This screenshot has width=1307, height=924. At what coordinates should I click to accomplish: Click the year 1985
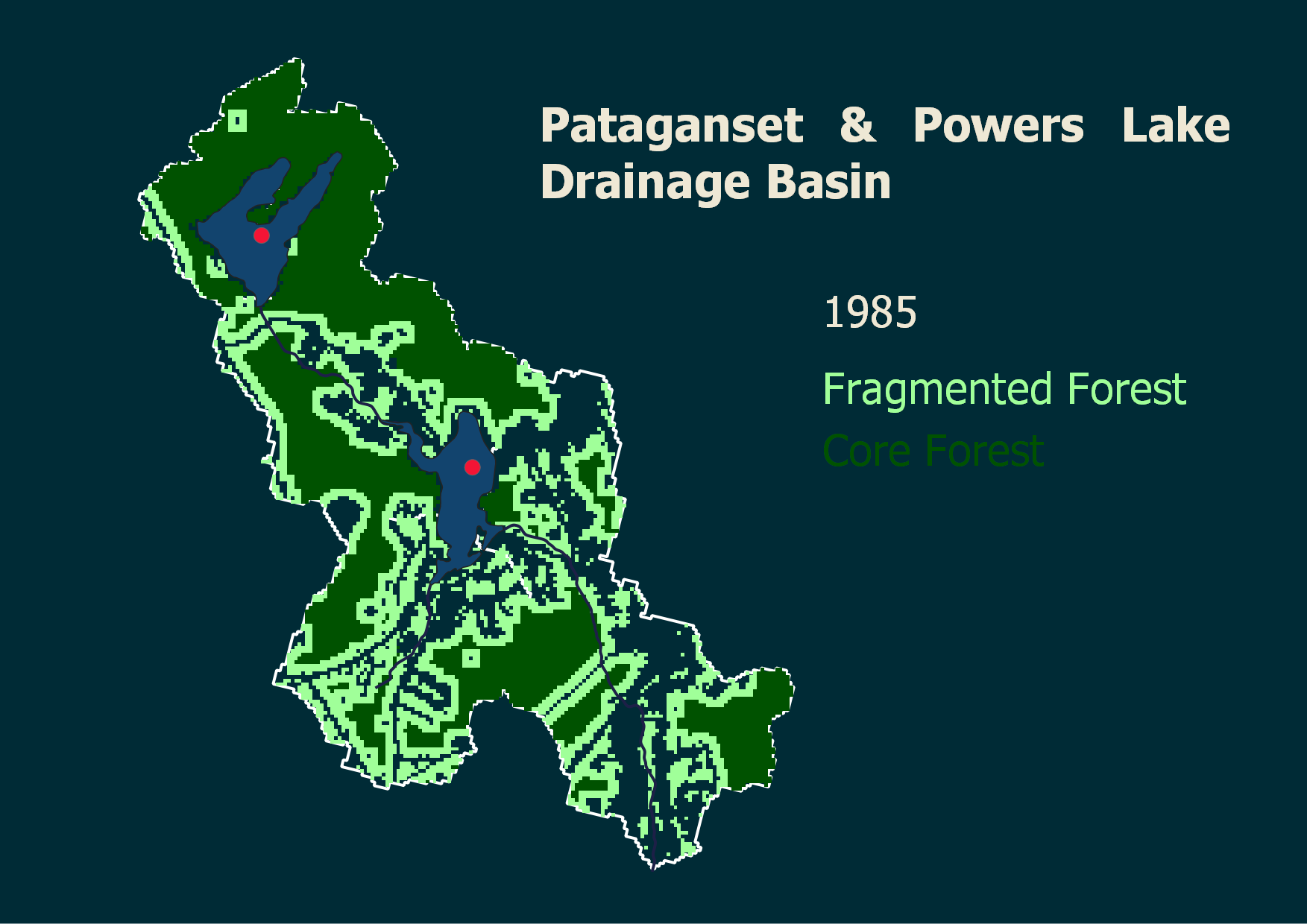(869, 312)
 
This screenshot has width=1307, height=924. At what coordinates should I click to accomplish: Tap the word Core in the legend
(865, 452)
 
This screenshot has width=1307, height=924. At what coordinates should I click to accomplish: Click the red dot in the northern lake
(261, 235)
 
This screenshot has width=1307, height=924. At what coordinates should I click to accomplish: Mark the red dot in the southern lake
(472, 467)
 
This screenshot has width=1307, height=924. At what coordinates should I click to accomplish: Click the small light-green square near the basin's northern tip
(237, 120)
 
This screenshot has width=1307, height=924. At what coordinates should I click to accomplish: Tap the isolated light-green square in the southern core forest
(471, 659)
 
